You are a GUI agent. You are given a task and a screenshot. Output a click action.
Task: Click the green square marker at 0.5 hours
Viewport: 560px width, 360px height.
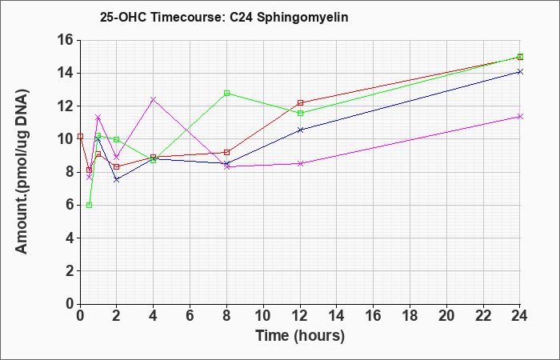[90, 205]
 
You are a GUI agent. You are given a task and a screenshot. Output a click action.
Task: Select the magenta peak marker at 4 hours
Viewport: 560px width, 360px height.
[154, 99]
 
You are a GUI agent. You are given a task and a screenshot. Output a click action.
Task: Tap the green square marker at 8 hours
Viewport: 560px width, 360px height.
[226, 94]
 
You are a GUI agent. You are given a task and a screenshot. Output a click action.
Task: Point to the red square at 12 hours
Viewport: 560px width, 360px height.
[300, 103]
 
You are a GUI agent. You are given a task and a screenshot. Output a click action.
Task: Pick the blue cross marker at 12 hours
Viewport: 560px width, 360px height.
[300, 130]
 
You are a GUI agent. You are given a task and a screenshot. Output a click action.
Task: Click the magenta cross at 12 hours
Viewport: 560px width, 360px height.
[300, 163]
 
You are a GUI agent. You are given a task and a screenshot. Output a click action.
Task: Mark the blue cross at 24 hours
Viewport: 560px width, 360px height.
[520, 72]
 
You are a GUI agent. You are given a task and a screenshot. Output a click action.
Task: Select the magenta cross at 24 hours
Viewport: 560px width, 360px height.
[520, 117]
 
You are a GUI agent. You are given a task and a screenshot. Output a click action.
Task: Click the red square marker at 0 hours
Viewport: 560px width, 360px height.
[80, 137]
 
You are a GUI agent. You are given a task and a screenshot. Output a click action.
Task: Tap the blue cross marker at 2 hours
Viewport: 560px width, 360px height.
[117, 180]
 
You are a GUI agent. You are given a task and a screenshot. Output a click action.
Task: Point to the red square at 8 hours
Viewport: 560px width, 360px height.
[226, 153]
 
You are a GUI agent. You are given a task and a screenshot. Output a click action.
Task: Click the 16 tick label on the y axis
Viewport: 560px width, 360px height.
[65, 40]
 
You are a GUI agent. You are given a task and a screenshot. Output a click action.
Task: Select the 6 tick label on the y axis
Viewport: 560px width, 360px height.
[70, 205]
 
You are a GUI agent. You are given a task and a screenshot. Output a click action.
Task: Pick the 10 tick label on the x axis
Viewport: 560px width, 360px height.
[263, 316]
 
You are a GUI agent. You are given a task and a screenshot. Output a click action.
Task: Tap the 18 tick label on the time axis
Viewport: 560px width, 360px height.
[410, 316]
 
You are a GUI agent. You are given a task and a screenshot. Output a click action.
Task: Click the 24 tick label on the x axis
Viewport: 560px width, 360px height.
[519, 316]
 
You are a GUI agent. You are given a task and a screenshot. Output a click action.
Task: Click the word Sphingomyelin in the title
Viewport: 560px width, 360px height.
[302, 18]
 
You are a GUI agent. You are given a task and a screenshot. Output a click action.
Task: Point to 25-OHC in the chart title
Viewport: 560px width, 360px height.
[123, 17]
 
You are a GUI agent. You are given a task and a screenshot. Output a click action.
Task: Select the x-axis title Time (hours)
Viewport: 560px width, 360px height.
[300, 336]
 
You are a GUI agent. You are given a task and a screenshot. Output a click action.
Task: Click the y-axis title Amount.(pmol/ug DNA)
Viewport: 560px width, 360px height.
[22, 172]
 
